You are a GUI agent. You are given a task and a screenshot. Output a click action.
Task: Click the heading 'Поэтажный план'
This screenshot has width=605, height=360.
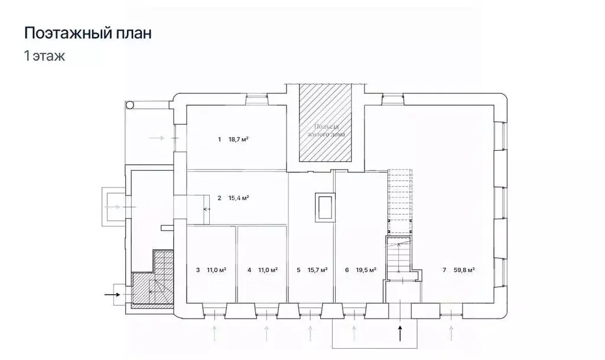(x=87, y=33)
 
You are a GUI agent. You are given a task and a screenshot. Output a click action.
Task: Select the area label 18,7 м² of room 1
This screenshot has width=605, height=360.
(x=238, y=140)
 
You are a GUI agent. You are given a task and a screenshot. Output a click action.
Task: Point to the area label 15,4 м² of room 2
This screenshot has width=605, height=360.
(x=238, y=198)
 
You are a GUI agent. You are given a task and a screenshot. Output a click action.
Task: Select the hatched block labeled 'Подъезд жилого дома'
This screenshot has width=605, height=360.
(x=326, y=124)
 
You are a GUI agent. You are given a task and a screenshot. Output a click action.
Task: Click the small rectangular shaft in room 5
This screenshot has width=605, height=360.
(x=324, y=207)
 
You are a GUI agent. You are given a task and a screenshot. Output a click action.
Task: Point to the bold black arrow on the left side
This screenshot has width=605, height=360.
(x=111, y=293)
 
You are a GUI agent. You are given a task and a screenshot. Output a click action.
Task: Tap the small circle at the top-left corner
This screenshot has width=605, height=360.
(x=129, y=105)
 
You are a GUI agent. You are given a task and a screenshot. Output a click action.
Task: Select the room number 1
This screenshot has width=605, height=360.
(x=219, y=140)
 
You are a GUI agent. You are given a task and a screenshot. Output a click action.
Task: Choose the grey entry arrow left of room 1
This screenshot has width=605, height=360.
(x=158, y=138)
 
